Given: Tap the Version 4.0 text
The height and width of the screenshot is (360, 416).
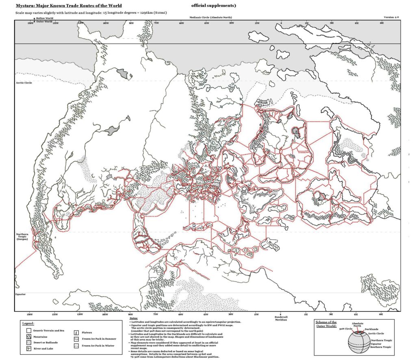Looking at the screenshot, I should tap(392, 18).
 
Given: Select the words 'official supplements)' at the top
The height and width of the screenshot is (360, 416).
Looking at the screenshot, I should tap(213, 6).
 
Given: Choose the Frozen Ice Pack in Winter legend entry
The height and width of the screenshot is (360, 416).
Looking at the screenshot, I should tap(97, 345).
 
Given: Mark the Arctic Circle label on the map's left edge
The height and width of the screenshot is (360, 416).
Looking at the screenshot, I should tap(24, 82).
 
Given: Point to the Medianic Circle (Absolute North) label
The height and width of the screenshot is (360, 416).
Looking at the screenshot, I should tap(208, 18).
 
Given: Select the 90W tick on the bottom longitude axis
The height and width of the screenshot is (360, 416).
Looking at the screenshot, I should tap(130, 314).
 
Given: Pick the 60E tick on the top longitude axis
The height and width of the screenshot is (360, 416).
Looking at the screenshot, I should tap(381, 23).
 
